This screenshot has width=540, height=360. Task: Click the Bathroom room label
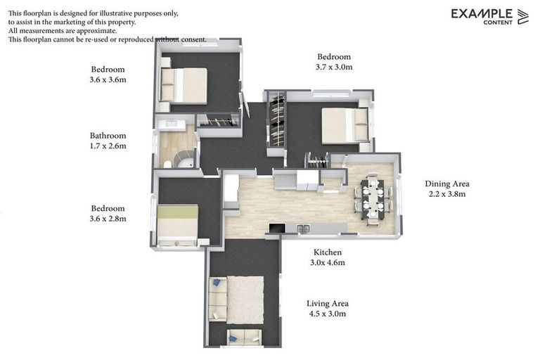[108, 136]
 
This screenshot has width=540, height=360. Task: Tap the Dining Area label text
[446, 184]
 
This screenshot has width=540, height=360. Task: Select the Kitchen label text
[327, 252]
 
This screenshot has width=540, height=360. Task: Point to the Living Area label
[327, 304]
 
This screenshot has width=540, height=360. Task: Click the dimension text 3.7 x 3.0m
[334, 67]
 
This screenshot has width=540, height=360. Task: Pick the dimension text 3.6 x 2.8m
[108, 219]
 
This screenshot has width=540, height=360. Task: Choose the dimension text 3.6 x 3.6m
[108, 79]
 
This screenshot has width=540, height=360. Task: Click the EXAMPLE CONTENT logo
[489, 16]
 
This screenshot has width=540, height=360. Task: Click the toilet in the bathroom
[167, 163]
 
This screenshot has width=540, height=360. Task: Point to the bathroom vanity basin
[173, 125]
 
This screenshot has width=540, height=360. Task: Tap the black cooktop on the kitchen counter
[277, 228]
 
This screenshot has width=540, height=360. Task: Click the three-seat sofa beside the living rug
[217, 300]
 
